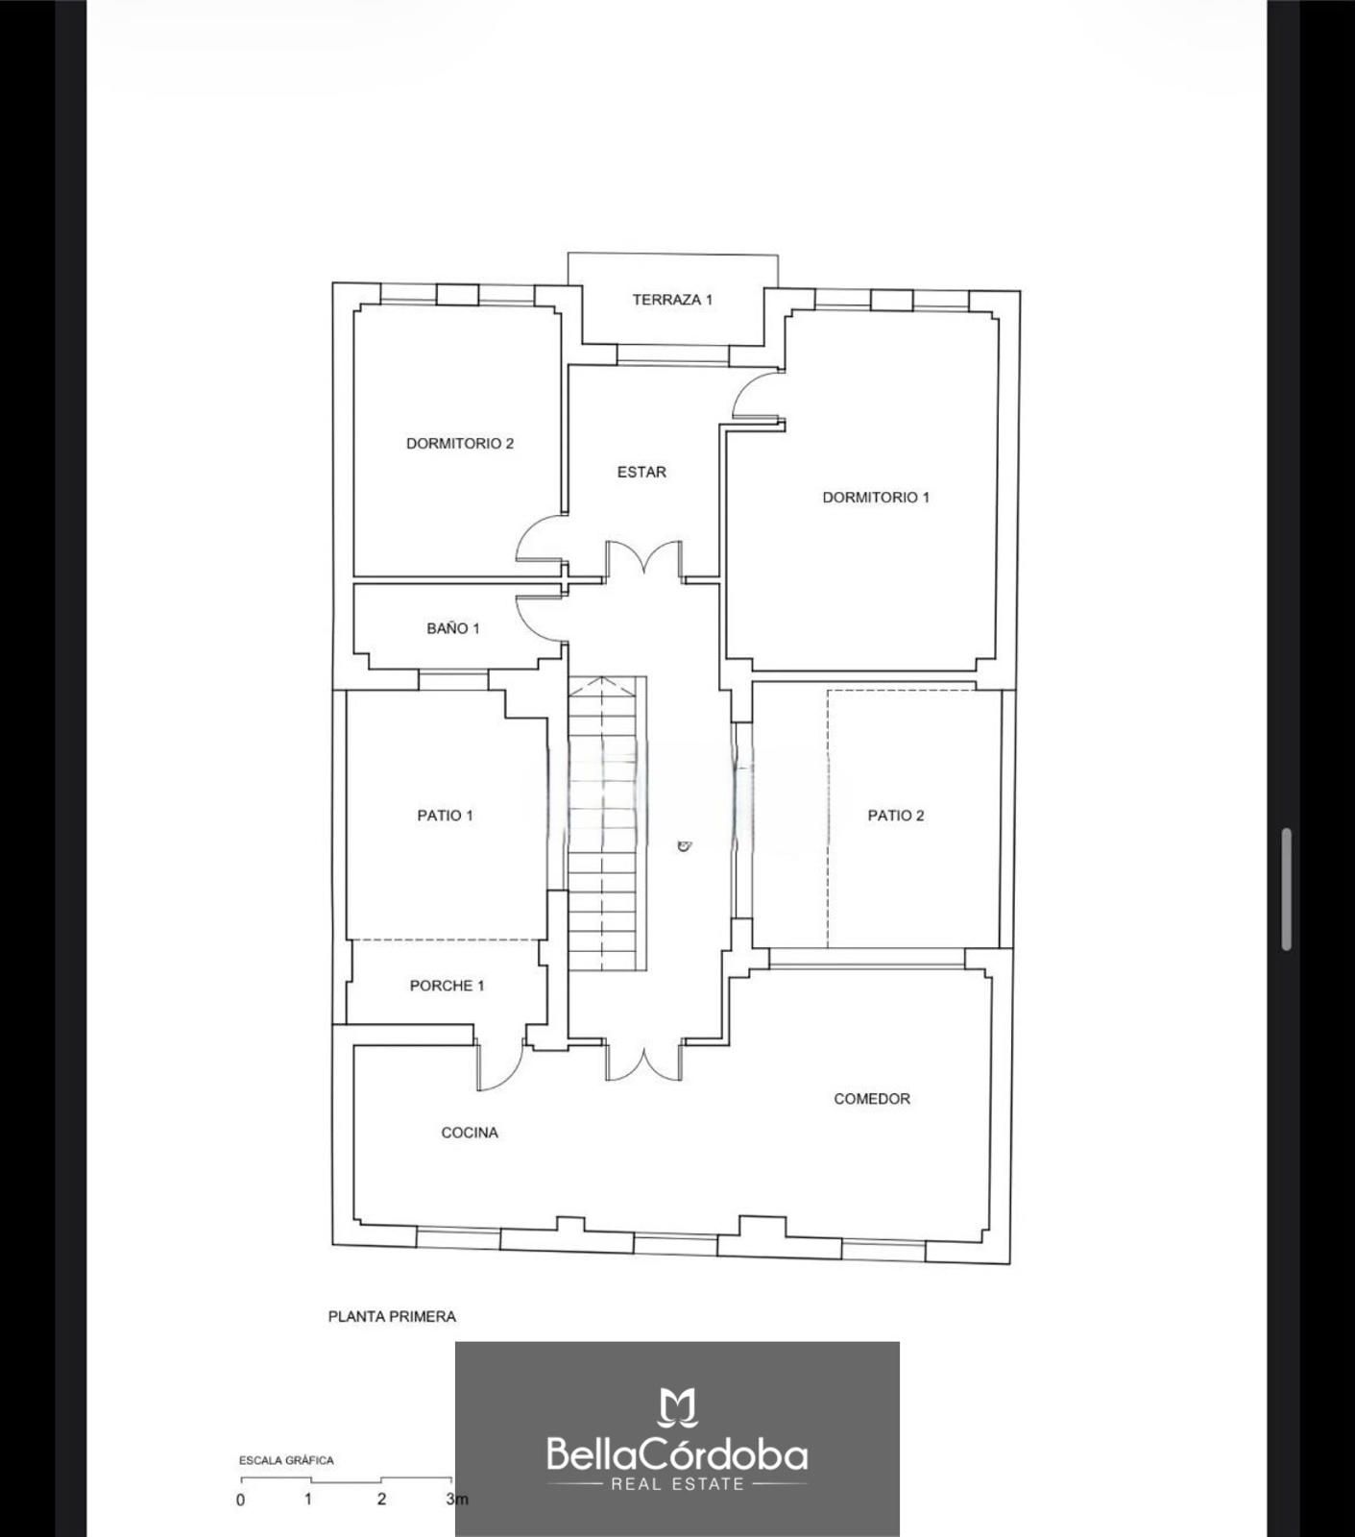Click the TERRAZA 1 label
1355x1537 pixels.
tap(672, 300)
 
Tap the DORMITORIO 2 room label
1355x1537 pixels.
tap(460, 444)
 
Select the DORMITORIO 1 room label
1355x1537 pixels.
tap(876, 498)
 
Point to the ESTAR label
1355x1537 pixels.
tap(641, 473)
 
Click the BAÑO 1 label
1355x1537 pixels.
tap(453, 628)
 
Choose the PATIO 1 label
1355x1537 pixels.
tap(445, 816)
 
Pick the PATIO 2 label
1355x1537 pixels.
tap(896, 816)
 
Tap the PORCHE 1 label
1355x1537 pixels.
tap(447, 986)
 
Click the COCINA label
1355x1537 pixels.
tap(470, 1133)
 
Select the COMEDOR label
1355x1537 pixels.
tap(872, 1099)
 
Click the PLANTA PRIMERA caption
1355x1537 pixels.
tap(392, 1317)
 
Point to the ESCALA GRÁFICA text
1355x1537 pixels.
tap(286, 1460)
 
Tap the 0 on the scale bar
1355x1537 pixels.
tap(240, 1500)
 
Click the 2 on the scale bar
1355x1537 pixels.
tap(381, 1500)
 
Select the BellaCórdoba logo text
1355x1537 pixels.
tap(677, 1454)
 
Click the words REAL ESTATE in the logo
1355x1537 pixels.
tap(678, 1484)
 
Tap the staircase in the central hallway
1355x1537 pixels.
tap(607, 823)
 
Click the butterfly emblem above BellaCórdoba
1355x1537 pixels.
tap(677, 1407)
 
